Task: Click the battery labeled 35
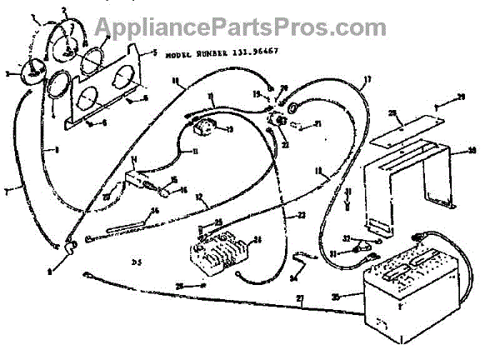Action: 403,287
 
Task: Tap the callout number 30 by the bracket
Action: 472,151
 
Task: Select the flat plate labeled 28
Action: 399,129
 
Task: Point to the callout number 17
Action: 366,80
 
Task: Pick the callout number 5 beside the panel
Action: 156,53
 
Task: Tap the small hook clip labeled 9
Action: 70,245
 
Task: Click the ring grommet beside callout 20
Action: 294,107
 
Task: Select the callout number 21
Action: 318,125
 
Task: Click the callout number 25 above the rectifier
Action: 218,222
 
